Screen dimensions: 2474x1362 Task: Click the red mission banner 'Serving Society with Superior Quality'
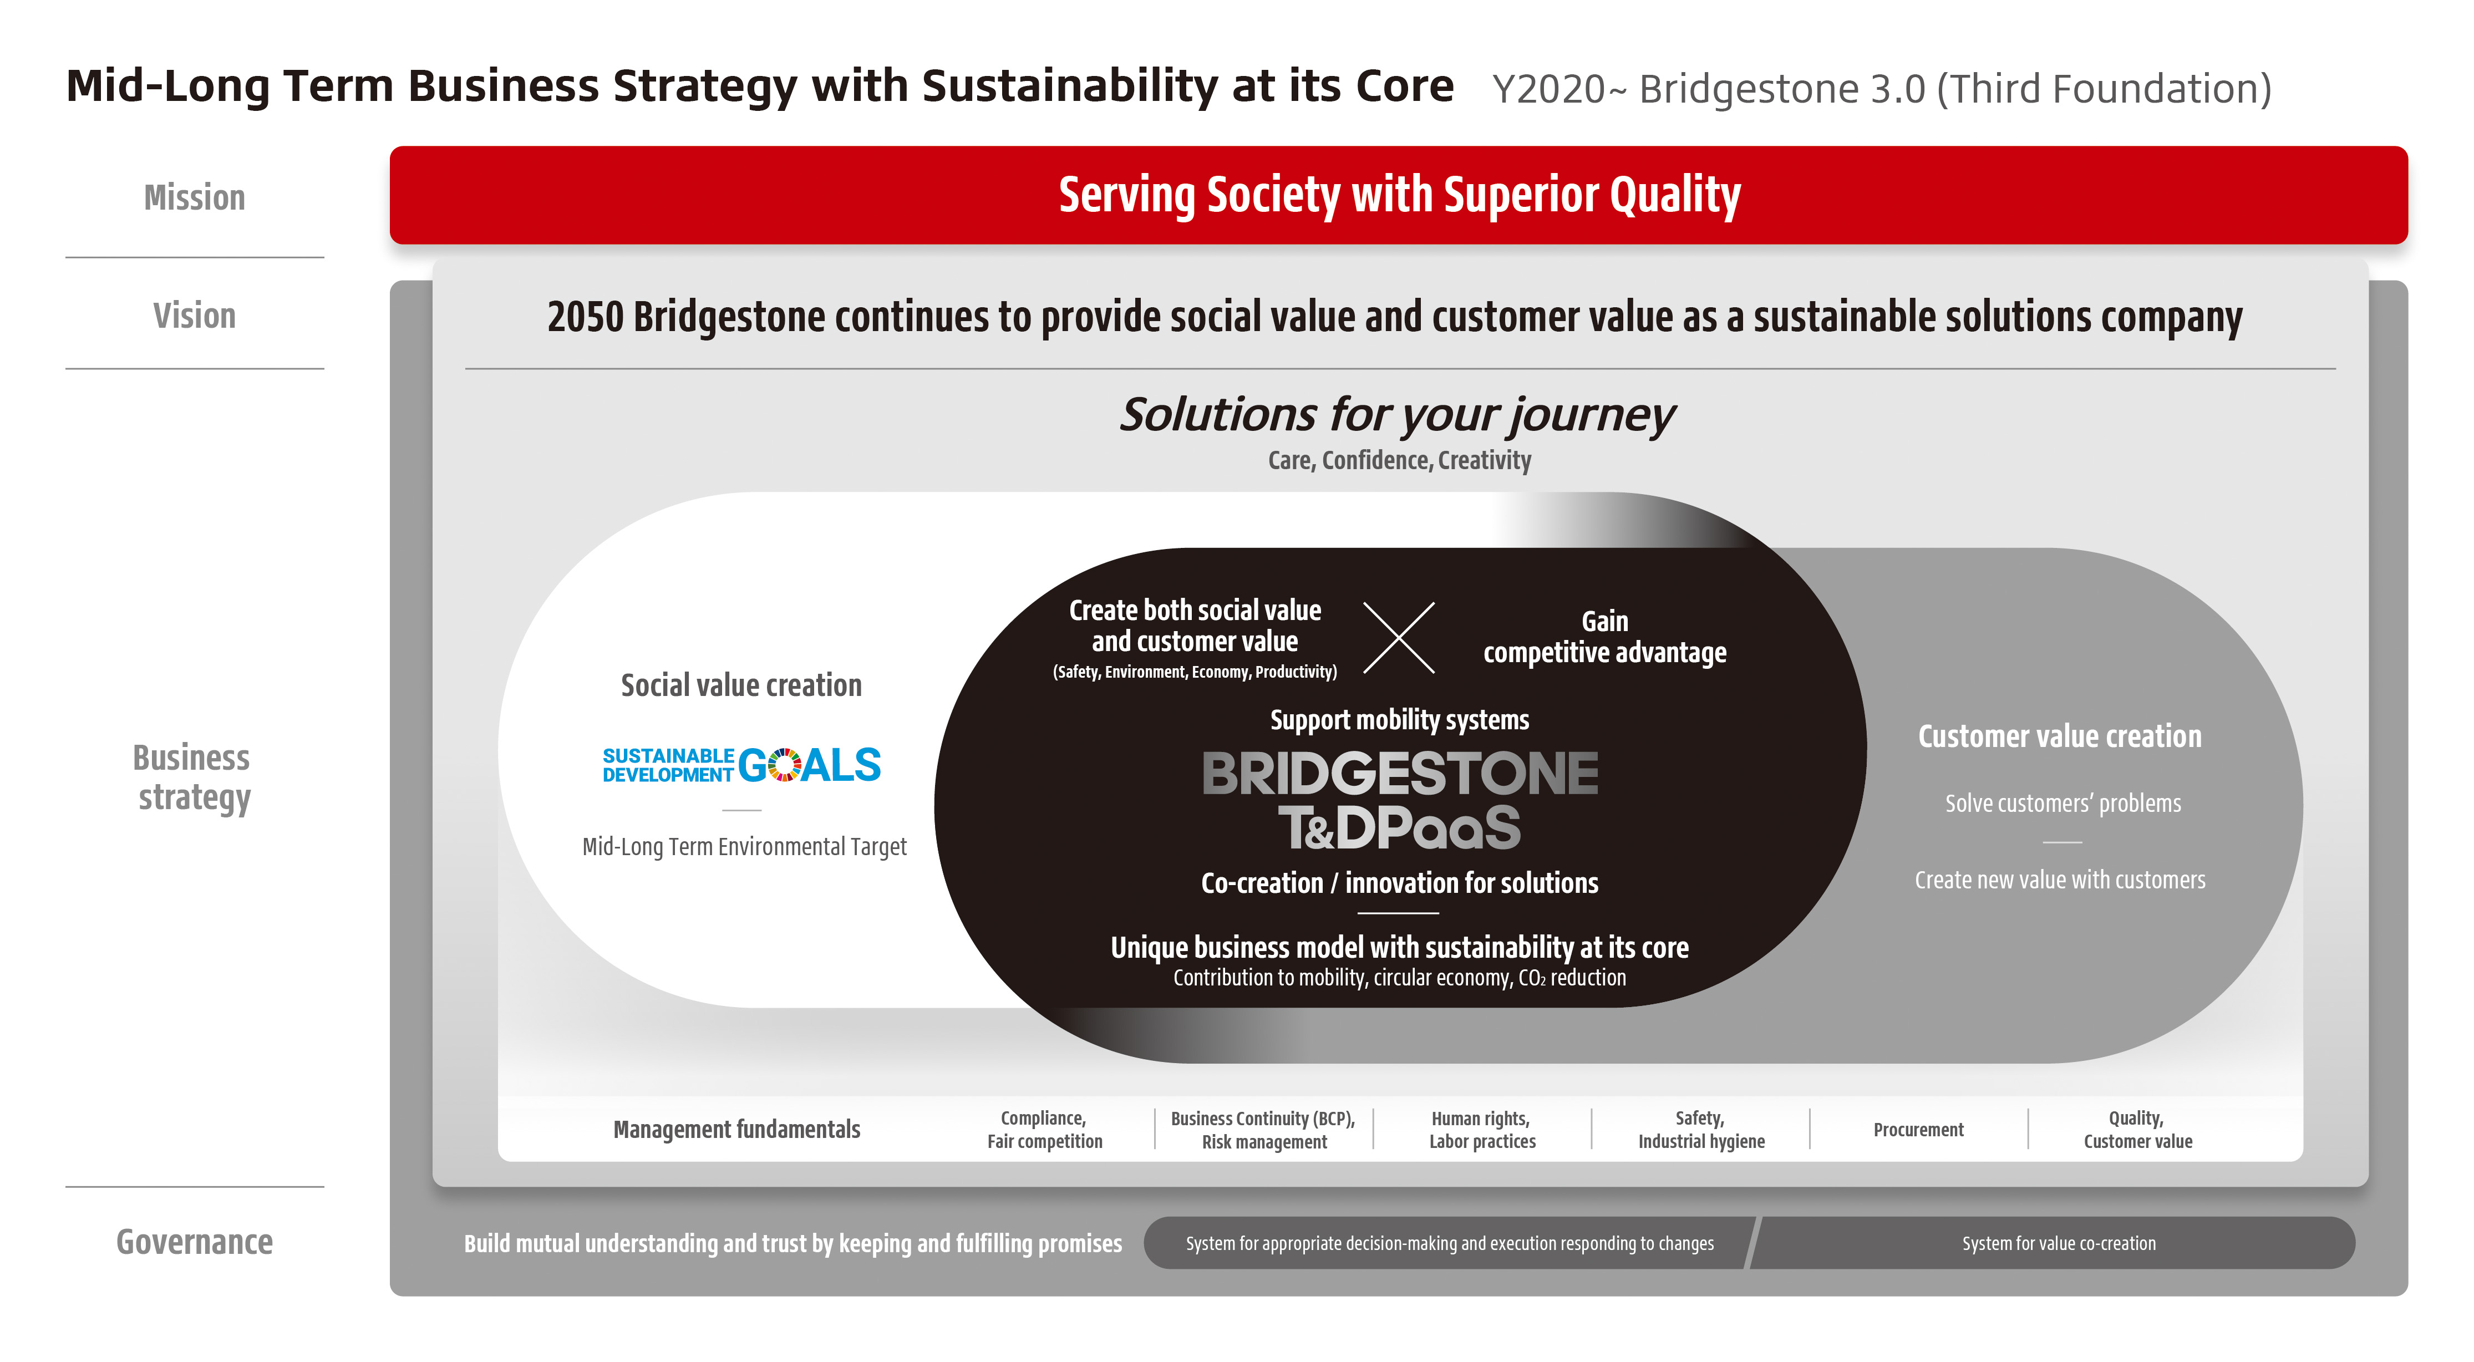[x=1398, y=195]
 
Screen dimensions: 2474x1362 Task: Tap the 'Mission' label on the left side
[x=195, y=198]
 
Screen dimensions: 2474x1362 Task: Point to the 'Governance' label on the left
[x=195, y=1242]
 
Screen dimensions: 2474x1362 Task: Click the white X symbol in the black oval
[x=1399, y=638]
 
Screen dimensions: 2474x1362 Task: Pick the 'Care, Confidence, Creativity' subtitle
[x=1399, y=460]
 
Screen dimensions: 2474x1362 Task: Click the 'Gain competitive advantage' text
[x=1605, y=637]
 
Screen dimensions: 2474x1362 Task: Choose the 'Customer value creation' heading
[x=2060, y=736]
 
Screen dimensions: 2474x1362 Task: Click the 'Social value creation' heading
[x=741, y=685]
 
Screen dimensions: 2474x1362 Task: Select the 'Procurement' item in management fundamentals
[x=1919, y=1130]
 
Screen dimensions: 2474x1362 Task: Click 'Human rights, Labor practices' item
[x=1482, y=1130]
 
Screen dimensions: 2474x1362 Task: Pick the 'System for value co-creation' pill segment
[x=2055, y=1243]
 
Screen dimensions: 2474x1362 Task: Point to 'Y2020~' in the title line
[x=1559, y=89]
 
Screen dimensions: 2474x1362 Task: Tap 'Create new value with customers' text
[x=2060, y=880]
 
